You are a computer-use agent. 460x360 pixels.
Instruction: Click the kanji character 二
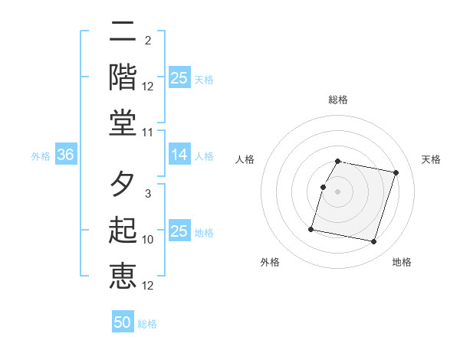123,32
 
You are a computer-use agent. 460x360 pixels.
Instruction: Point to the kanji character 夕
123,184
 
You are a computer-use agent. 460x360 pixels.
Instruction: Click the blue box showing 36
66,155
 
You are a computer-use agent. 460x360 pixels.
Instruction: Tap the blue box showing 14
179,155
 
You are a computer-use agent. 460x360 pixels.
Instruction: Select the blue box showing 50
123,322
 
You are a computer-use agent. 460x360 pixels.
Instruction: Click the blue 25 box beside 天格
179,77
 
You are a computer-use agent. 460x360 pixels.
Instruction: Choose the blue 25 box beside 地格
179,231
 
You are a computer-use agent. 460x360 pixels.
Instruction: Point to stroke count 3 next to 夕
147,195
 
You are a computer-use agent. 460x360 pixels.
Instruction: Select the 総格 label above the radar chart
338,100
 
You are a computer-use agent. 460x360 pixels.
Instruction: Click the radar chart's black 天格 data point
396,173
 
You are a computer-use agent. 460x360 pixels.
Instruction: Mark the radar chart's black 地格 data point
373,241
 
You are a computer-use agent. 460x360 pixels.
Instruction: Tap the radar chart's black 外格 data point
311,229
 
